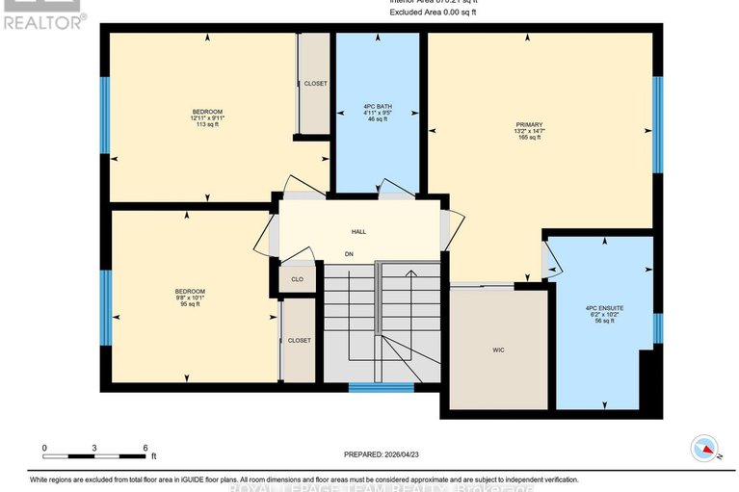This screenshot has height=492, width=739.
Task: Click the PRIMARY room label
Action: tap(529, 124)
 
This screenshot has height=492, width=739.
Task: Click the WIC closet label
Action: tap(497, 350)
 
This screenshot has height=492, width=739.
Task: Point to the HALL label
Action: tap(358, 231)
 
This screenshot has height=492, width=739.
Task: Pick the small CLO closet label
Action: tap(298, 279)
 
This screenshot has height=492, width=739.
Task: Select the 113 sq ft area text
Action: tap(207, 124)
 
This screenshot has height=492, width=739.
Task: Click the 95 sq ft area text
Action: tap(189, 304)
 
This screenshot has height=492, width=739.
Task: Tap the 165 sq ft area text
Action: tap(529, 138)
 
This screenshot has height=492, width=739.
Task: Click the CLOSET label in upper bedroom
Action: tap(315, 84)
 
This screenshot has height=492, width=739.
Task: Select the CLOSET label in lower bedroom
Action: tap(299, 340)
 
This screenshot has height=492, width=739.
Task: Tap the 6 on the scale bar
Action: tap(145, 448)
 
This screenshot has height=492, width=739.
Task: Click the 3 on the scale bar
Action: tap(94, 448)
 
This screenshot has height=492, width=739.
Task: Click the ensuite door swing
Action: tap(548, 258)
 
